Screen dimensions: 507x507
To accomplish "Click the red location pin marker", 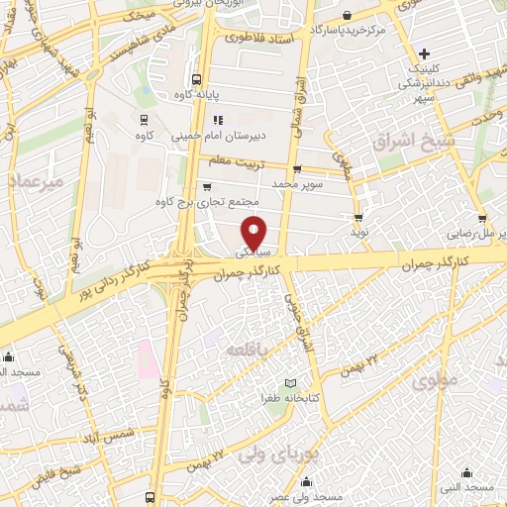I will [254, 232].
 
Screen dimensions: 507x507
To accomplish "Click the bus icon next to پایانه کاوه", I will [196, 78].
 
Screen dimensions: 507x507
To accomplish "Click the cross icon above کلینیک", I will [425, 53].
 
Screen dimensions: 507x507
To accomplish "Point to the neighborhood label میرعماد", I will [36, 183].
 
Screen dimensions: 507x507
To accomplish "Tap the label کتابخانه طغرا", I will [287, 397].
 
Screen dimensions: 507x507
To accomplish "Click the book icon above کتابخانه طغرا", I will [290, 382].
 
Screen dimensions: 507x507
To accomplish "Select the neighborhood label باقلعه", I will [244, 352].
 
